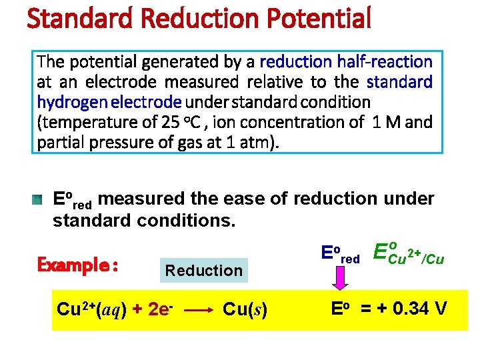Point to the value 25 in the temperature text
coord(169,123)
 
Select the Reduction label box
coord(203,270)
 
